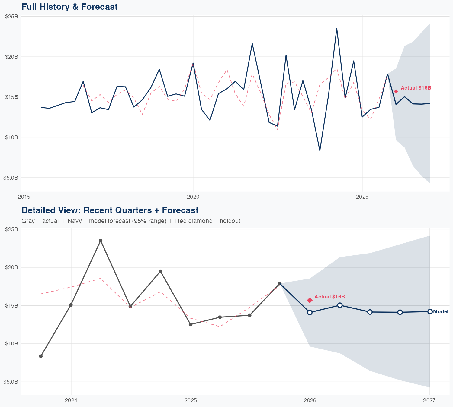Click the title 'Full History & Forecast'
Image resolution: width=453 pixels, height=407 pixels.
click(x=69, y=7)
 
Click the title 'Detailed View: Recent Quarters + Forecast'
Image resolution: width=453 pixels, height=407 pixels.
click(x=110, y=210)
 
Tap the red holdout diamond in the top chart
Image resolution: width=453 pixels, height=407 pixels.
click(x=396, y=91)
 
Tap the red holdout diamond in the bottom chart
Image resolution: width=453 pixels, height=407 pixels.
click(x=310, y=300)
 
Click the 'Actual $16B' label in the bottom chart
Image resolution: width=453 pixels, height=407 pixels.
click(x=329, y=297)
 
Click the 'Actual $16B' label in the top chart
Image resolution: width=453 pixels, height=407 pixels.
click(x=416, y=88)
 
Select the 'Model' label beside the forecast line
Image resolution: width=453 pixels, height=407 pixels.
click(x=441, y=312)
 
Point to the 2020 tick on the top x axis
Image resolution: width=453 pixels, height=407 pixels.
click(x=193, y=197)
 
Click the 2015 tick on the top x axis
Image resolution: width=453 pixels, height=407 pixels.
click(x=24, y=197)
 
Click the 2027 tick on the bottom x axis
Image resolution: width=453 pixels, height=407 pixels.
click(x=429, y=400)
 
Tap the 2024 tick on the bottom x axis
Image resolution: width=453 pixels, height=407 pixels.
click(x=71, y=400)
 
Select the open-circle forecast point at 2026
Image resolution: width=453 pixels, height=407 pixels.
click(x=310, y=312)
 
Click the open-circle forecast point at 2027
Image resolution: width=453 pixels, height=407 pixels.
click(x=430, y=311)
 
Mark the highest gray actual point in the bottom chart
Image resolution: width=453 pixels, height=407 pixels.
click(x=101, y=241)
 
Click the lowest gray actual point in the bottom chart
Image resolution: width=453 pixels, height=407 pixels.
click(x=41, y=356)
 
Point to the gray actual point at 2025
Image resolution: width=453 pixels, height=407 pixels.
click(x=191, y=324)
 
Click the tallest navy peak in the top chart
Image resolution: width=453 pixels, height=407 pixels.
click(x=337, y=29)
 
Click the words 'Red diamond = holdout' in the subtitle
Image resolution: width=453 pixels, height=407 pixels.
click(x=207, y=221)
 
